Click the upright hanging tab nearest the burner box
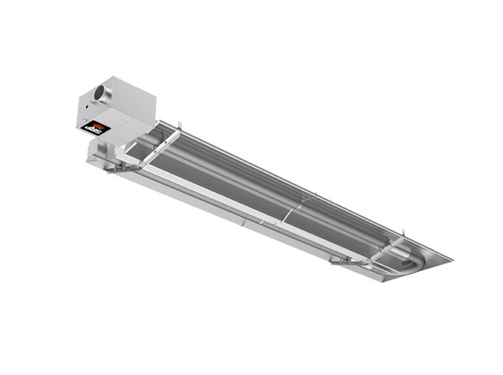point(177,124)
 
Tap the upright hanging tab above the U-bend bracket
point(403,234)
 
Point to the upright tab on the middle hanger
point(315,194)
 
